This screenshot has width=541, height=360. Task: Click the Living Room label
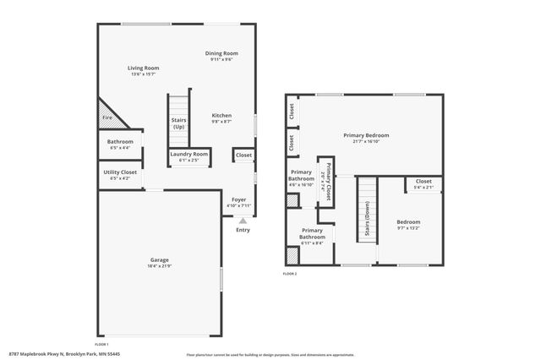pyautogui.click(x=144, y=68)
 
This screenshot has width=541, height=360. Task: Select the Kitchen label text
pyautogui.click(x=221, y=116)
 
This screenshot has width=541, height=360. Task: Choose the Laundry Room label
pyautogui.click(x=189, y=154)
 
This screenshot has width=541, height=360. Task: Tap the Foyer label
pyautogui.click(x=239, y=200)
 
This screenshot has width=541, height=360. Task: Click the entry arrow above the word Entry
pyautogui.click(x=243, y=221)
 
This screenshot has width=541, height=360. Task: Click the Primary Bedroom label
pyautogui.click(x=366, y=135)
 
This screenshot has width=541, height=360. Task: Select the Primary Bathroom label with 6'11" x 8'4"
pyautogui.click(x=312, y=233)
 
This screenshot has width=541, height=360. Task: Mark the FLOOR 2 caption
pyautogui.click(x=291, y=273)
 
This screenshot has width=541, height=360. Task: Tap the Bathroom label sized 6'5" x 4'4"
pyautogui.click(x=119, y=141)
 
